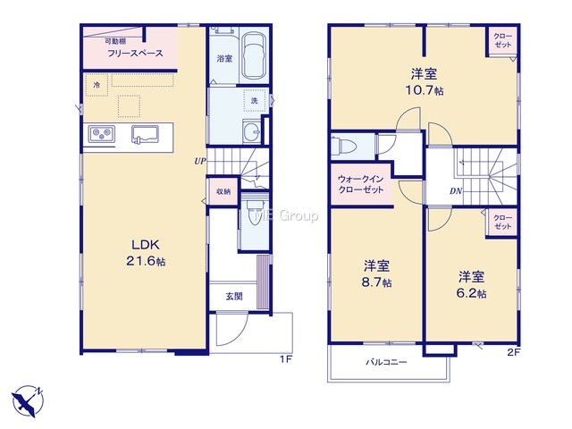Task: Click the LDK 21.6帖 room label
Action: click(x=146, y=253)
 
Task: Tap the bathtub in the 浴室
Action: click(x=254, y=55)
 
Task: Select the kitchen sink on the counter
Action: click(x=145, y=135)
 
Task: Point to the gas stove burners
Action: click(x=102, y=134)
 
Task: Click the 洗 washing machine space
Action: click(x=254, y=100)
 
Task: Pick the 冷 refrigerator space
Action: click(x=97, y=85)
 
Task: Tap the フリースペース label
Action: click(x=135, y=54)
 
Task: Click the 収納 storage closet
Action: click(x=223, y=191)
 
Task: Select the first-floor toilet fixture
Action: click(x=255, y=213)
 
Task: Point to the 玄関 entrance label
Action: click(x=234, y=297)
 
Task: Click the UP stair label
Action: click(x=200, y=161)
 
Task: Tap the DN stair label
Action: click(x=456, y=190)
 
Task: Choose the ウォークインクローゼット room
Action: click(x=361, y=185)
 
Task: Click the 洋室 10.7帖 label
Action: click(x=425, y=82)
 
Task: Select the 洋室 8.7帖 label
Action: click(x=376, y=274)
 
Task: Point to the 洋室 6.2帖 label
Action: click(x=471, y=285)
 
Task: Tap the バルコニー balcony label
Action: click(x=386, y=362)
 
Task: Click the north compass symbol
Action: click(x=28, y=401)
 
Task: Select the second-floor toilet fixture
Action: click(x=346, y=147)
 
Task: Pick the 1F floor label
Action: click(x=286, y=359)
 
